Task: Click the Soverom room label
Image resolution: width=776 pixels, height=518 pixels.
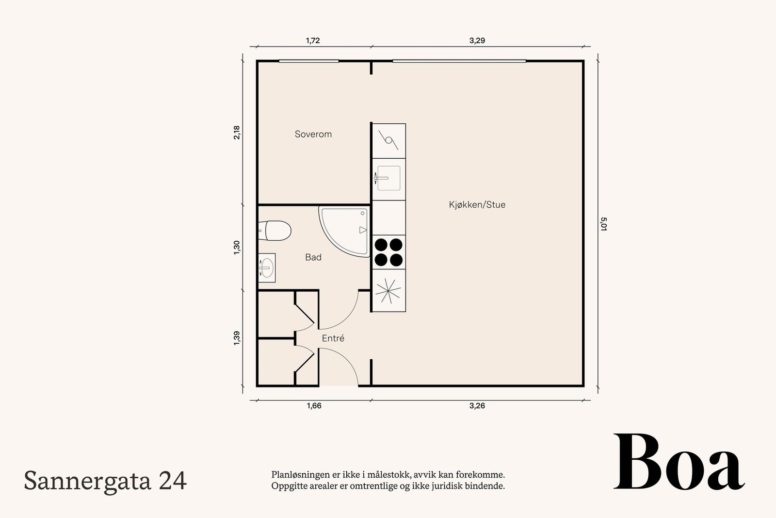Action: pos(313,134)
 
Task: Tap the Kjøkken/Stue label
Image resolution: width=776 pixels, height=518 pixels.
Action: pos(477,204)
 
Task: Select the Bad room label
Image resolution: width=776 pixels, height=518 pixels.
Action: pos(313,257)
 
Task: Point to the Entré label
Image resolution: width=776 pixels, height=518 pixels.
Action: pos(333,338)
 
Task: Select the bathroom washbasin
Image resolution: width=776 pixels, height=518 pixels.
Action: pos(267,267)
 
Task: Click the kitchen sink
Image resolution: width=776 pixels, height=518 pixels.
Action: pos(388,178)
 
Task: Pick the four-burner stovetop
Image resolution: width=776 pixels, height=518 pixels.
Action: pos(388,252)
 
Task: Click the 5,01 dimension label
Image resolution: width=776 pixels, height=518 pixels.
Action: pos(603,224)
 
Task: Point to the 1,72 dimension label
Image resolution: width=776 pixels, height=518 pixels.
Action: pos(313,41)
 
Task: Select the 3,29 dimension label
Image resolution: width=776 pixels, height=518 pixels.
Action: pos(477,41)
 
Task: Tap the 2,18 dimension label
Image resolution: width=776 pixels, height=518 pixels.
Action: pos(237,133)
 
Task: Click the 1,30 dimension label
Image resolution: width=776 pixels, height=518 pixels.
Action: pos(237,248)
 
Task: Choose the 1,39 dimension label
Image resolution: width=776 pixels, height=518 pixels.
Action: pos(237,338)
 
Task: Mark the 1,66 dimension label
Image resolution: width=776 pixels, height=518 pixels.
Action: pos(314,406)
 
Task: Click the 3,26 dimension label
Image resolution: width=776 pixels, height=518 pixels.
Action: pos(477,406)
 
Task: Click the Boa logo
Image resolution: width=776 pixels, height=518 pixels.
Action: pos(679,462)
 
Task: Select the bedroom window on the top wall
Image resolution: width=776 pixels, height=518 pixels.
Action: pos(308,61)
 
